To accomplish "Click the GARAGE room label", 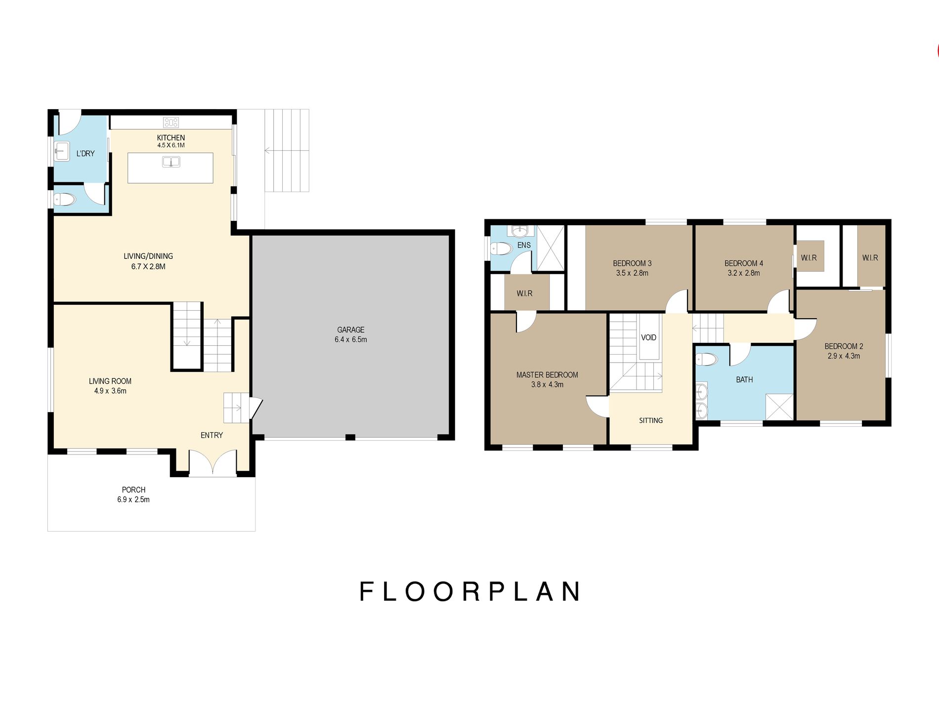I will [350, 330].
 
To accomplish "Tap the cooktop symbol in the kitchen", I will [171, 122].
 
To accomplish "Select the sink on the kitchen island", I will [171, 162].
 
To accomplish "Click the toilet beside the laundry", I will [65, 200].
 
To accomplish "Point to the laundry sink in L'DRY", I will [62, 151].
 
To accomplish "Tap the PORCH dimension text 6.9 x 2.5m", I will [133, 499].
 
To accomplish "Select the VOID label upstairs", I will [648, 337].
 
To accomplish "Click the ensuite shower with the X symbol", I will [551, 248].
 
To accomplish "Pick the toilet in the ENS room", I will [502, 248].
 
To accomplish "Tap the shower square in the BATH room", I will [779, 407].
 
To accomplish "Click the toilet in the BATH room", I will [706, 359].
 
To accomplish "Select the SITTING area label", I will [651, 420].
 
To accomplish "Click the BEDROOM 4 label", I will [743, 263].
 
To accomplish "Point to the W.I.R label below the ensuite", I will [524, 293].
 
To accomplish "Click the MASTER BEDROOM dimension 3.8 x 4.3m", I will [547, 384].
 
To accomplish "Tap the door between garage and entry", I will [256, 408].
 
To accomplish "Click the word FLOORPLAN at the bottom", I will [469, 591].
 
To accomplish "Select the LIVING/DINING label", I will [148, 256].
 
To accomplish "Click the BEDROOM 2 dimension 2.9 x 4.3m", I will [844, 356].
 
